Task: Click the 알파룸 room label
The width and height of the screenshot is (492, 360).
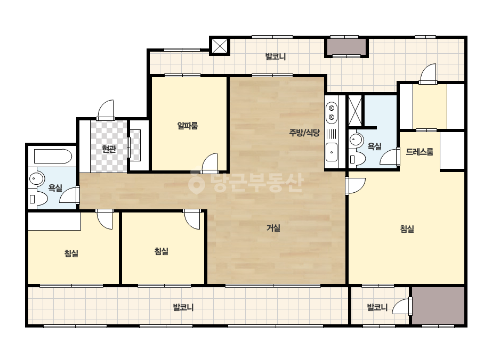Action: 188,126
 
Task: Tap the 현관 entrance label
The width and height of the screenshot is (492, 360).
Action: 109,149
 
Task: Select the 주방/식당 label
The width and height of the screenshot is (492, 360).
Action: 304,133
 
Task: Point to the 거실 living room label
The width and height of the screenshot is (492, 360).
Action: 273,228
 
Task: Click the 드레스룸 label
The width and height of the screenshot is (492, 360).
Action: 420,152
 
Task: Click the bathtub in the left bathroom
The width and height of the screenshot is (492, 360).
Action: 53,156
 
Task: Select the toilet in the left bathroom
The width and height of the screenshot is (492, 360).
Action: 38,199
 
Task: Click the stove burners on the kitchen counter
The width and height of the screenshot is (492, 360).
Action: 331,113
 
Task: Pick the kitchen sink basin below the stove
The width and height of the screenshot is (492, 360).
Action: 332,152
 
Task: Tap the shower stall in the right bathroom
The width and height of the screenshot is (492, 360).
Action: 355,111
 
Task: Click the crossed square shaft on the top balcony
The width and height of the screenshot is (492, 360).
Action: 220,46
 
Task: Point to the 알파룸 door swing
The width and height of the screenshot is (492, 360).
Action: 210,163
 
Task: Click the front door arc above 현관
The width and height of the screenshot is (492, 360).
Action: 106,110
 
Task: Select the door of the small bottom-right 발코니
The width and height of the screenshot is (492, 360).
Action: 402,306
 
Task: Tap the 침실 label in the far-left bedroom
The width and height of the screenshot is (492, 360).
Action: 71,253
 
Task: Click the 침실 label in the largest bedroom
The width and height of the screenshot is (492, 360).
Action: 407,229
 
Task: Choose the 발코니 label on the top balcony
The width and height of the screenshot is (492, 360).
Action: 276,57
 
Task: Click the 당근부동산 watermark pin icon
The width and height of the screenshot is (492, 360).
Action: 196,183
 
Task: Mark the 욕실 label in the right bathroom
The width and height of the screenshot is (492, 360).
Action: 374,146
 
